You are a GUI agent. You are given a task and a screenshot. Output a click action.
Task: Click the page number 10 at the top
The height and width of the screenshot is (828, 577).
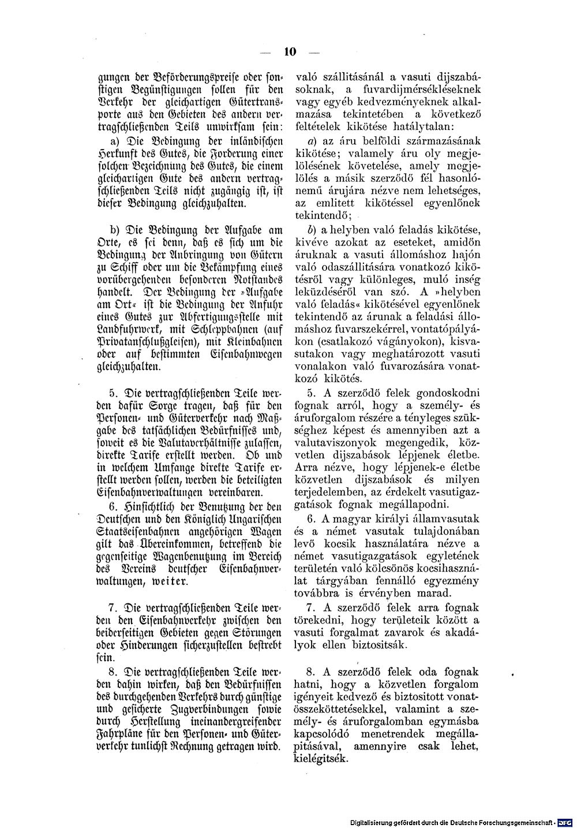pyautogui.click(x=289, y=51)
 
